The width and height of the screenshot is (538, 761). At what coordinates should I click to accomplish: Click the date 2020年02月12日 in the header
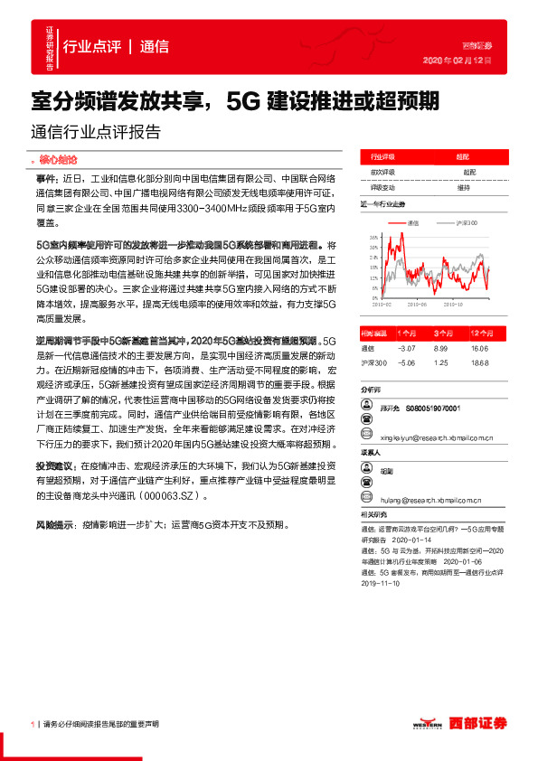tap(458, 60)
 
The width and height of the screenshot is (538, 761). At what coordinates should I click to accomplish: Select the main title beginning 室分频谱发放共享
tap(235, 99)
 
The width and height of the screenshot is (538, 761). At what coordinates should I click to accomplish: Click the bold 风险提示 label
tap(50, 524)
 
